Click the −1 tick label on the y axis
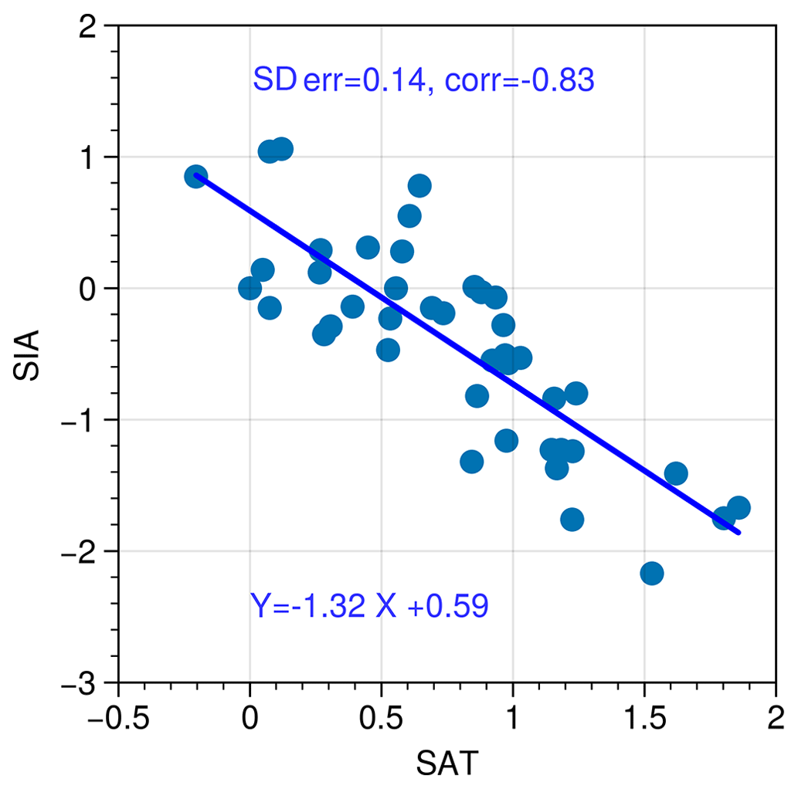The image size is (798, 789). tap(89, 420)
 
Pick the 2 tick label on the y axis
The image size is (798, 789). tap(97, 26)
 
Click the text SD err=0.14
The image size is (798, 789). tap(338, 80)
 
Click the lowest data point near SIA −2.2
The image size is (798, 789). tap(652, 573)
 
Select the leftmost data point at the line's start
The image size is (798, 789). tap(196, 176)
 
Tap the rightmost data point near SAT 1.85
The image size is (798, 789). tap(739, 507)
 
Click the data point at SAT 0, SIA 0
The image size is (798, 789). tap(250, 288)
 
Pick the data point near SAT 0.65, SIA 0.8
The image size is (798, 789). tap(419, 185)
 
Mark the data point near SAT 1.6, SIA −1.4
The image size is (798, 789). tap(676, 473)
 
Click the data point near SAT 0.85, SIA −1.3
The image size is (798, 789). tap(472, 462)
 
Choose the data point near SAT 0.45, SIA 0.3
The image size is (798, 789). tap(368, 248)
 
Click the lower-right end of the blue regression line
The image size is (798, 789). tap(739, 533)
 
